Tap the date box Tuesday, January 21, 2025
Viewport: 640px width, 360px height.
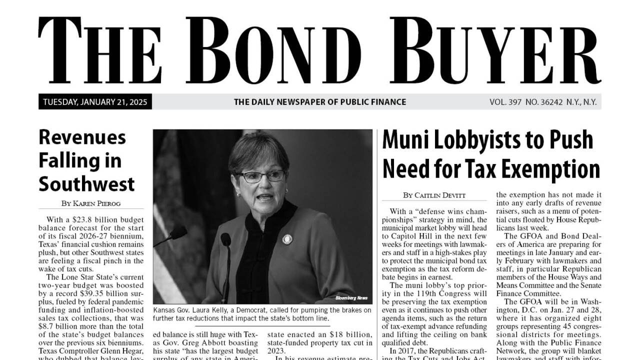click(95, 102)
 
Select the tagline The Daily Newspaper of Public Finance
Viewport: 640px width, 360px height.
click(320, 102)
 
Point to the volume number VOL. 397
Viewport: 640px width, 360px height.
click(505, 102)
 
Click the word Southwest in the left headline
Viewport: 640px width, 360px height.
click(86, 184)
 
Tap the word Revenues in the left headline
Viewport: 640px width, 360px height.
click(82, 136)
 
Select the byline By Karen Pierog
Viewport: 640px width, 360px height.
click(91, 203)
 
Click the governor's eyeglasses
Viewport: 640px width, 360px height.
click(260, 176)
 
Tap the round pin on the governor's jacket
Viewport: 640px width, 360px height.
click(287, 239)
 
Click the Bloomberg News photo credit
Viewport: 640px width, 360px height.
click(351, 298)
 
